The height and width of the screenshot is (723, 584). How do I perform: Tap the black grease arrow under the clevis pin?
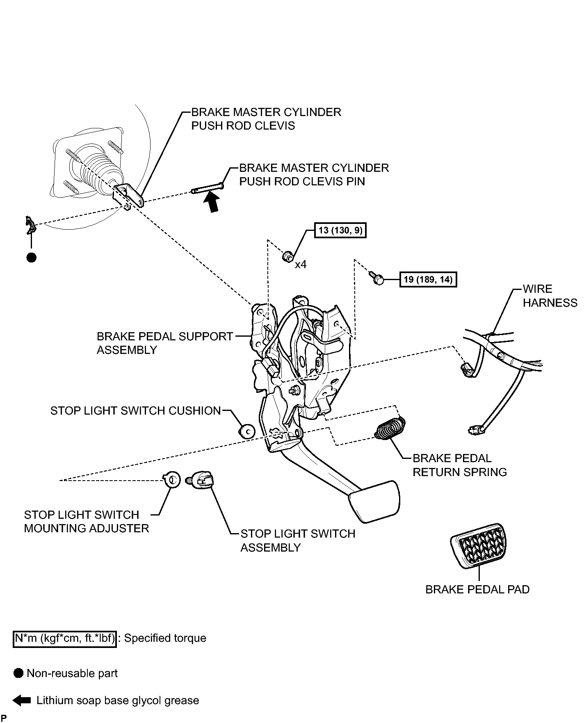212,202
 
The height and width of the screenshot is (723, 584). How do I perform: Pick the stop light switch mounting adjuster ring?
171,479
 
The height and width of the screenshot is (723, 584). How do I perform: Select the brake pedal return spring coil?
390,428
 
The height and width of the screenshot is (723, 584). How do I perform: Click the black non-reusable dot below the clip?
31,258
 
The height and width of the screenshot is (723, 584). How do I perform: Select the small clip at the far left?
30,225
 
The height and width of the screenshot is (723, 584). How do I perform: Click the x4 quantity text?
301,265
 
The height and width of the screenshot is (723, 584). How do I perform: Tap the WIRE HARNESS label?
550,296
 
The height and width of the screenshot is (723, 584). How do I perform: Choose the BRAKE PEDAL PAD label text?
477,589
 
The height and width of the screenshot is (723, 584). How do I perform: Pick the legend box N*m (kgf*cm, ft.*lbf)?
65,639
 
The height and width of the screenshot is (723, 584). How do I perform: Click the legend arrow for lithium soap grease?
22,700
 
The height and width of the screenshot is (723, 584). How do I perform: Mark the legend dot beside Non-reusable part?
18,673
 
